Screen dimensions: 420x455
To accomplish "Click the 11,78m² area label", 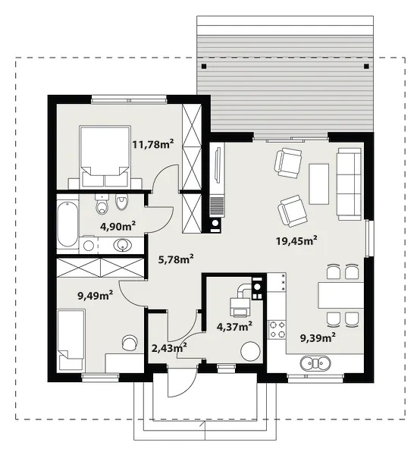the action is coord(153,144).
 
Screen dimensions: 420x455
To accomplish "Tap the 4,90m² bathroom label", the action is coord(118,226).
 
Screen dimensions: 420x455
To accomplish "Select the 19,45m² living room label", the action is coord(296,240).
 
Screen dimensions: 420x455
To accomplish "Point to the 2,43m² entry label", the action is coord(169,347).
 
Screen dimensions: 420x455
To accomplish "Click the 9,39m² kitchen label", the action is coord(318,337).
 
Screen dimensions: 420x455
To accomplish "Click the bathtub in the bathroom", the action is coord(67,224).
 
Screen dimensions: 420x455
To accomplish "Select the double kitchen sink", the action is coord(315,363).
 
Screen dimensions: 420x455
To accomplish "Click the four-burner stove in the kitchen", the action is coord(277,330).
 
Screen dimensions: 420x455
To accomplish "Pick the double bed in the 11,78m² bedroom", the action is coord(105,156).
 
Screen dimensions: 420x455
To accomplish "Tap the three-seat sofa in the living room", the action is coord(349,184).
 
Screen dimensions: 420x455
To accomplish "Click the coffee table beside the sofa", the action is coord(319,184).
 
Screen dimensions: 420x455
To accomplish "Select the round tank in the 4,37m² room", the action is coord(249,351).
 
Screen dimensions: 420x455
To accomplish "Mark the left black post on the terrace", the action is coord(204,67).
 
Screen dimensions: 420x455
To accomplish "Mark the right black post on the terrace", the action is coord(366,67).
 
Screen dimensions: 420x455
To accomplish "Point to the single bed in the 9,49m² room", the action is coord(71,340).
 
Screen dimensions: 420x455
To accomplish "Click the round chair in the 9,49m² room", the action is coord(130,343).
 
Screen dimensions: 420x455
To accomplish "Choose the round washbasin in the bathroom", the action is coord(123,245).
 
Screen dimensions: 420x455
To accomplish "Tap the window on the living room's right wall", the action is coord(368,239).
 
